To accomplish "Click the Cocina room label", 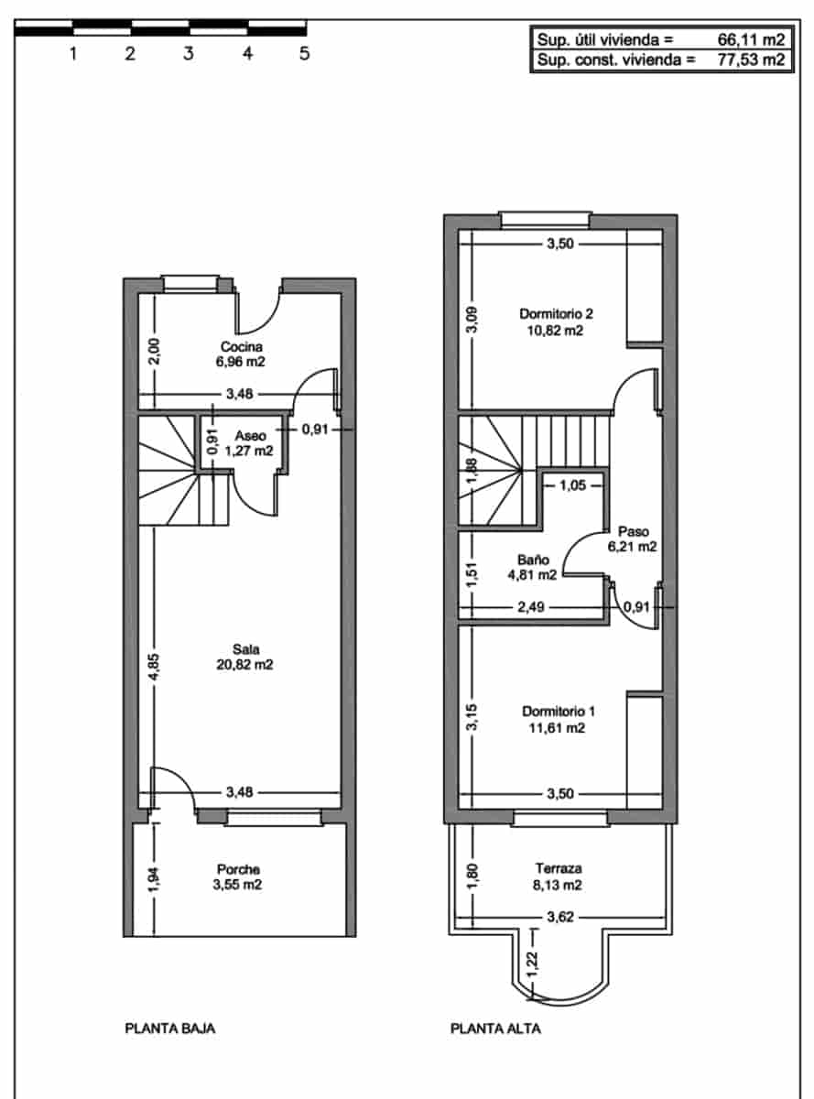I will click(x=242, y=346).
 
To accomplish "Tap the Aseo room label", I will click(x=251, y=435).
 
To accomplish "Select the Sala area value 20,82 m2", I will click(x=240, y=665).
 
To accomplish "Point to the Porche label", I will click(x=238, y=869).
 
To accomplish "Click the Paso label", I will click(x=633, y=531).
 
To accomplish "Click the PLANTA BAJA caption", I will click(x=170, y=1028).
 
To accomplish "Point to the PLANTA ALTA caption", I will click(x=495, y=1028).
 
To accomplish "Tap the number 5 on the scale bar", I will click(x=305, y=53).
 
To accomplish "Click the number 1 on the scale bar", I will click(x=72, y=53).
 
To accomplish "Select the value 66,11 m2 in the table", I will click(x=752, y=39).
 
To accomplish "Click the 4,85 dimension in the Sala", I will click(x=155, y=666).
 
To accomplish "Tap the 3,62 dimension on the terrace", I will click(x=559, y=915).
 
